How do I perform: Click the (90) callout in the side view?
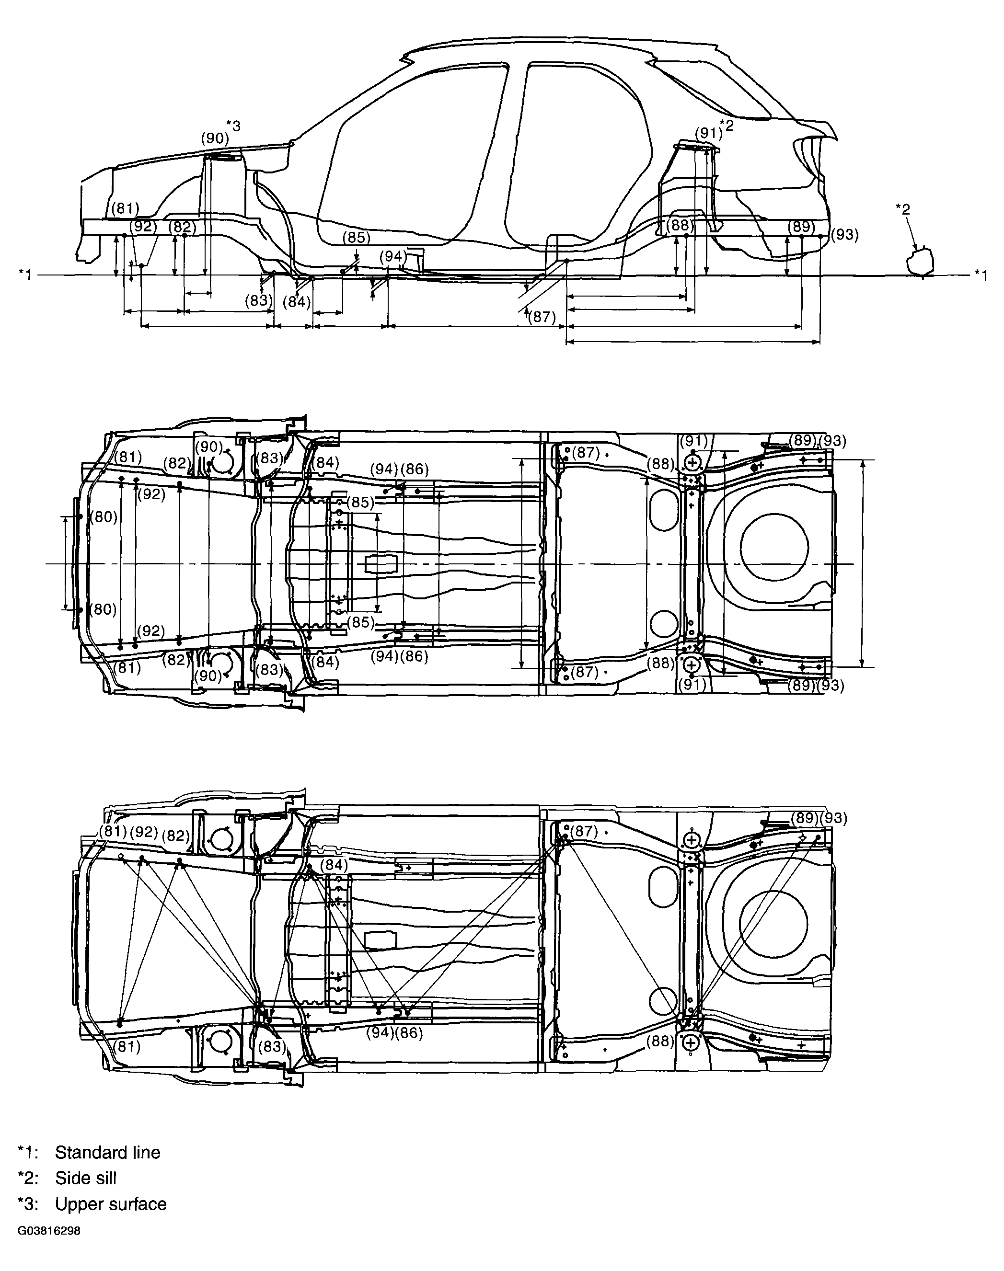[215, 138]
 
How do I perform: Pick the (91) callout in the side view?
[708, 133]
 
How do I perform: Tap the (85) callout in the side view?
[356, 238]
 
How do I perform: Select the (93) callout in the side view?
[845, 235]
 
